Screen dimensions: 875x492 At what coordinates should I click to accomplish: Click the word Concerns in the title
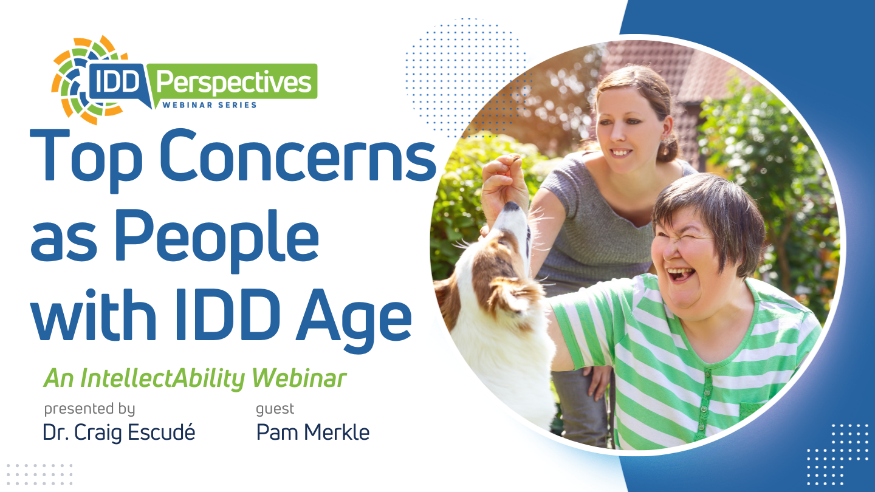298,155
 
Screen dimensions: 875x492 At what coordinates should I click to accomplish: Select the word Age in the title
354,320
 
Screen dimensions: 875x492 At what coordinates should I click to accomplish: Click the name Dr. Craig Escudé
118,432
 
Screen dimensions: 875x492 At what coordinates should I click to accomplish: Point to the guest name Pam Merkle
312,432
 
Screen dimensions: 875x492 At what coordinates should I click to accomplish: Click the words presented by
89,409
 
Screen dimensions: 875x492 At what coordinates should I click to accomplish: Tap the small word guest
275,409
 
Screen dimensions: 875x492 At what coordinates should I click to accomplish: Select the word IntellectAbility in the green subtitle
163,378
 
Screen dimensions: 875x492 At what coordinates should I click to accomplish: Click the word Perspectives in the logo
233,82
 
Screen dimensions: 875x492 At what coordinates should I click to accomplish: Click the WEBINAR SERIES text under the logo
210,104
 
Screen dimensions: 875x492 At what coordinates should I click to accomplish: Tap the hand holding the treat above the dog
503,180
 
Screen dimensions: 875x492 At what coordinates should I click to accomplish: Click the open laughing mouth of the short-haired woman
681,274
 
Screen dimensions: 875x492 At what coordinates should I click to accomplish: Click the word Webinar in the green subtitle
299,378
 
